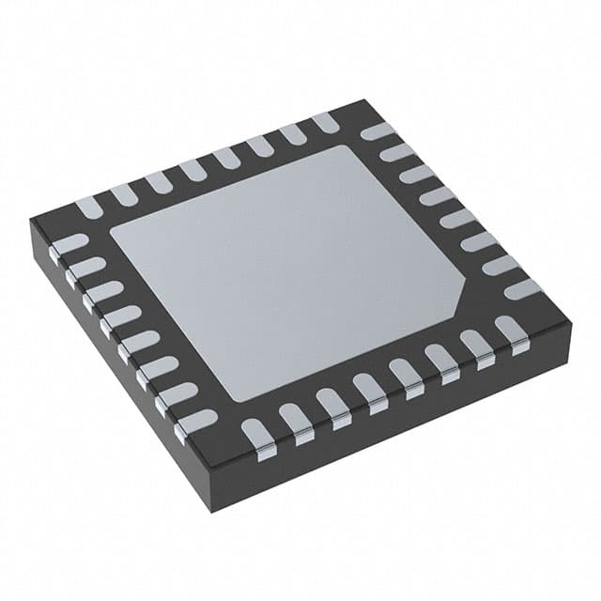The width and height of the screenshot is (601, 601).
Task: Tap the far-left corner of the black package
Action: (30, 220)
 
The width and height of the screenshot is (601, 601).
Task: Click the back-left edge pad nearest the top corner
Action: (325, 122)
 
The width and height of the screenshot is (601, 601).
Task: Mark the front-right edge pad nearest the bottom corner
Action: (256, 433)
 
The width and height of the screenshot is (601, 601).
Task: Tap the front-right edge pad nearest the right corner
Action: (512, 330)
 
